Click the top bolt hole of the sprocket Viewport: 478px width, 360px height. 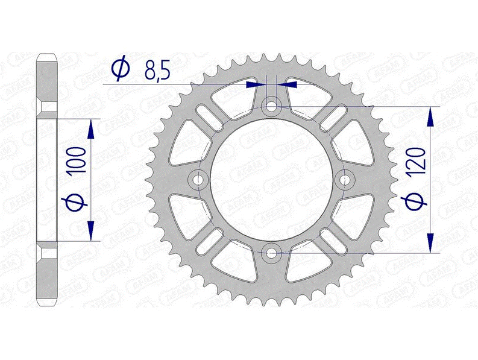point(271,107)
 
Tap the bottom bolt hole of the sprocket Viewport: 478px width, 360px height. point(271,252)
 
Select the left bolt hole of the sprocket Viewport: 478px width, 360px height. point(198,179)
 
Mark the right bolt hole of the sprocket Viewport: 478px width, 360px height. point(344,179)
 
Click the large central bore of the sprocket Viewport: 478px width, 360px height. point(271,179)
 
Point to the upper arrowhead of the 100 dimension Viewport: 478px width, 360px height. point(91,127)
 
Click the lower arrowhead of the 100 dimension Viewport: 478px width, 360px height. point(91,232)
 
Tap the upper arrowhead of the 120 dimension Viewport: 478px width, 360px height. point(430,116)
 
